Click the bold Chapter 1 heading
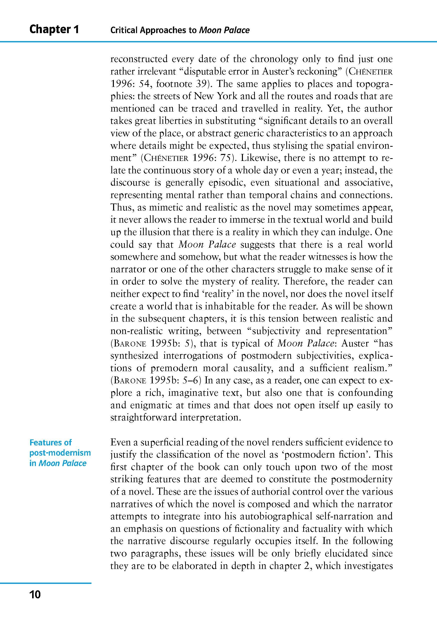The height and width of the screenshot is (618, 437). coord(54,29)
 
